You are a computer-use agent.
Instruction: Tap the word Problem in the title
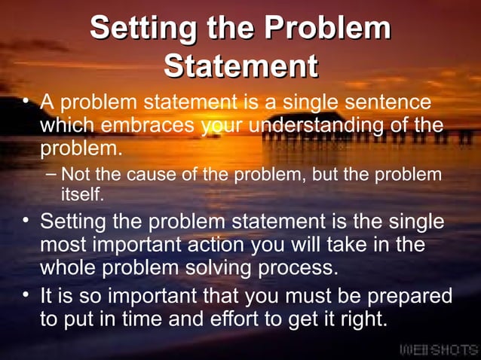tap(329, 29)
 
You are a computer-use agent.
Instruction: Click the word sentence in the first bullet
tap(394, 101)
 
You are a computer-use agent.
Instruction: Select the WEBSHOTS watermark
tap(437, 349)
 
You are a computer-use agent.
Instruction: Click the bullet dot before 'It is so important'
tap(26, 294)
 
